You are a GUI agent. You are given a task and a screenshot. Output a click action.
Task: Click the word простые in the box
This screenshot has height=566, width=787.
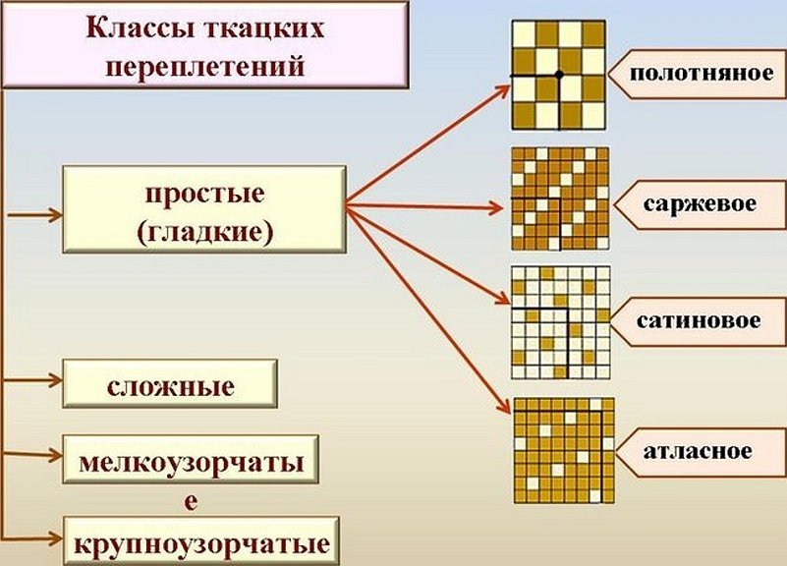[x=204, y=193]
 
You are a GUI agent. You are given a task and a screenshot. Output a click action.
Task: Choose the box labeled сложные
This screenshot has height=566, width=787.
[x=170, y=384]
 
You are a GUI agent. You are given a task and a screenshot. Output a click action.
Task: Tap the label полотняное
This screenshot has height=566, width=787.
[x=695, y=74]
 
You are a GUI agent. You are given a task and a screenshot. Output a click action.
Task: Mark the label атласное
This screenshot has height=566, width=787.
[x=700, y=452]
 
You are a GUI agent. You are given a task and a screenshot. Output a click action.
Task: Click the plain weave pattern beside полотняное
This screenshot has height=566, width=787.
[x=559, y=75]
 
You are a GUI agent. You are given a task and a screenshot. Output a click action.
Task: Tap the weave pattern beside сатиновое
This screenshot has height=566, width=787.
[x=561, y=321]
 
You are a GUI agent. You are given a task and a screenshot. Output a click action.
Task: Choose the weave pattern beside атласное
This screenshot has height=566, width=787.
[x=564, y=449]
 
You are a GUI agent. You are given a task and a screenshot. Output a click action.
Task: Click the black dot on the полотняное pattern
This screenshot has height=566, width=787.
[x=559, y=75]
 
